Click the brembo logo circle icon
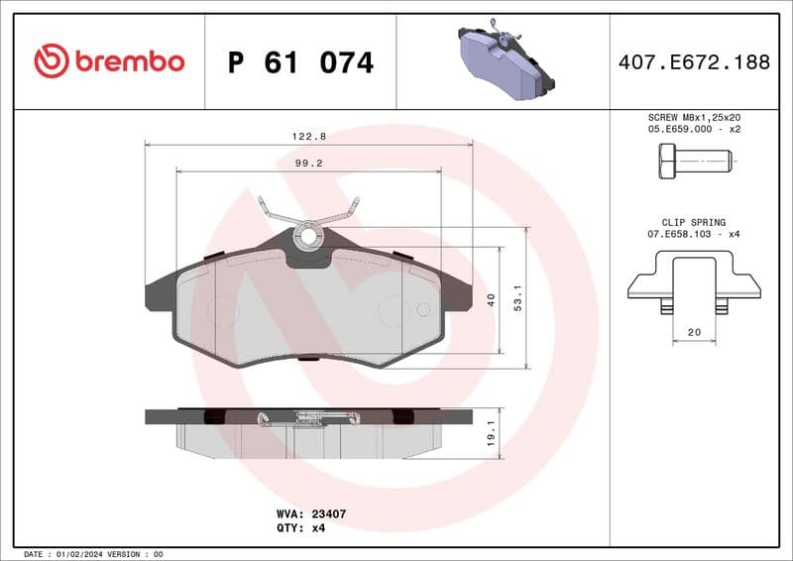(x=52, y=61)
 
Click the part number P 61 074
(x=300, y=62)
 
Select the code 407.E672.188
(x=693, y=62)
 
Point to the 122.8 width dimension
(x=309, y=136)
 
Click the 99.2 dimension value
(x=309, y=163)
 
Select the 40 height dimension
(x=491, y=299)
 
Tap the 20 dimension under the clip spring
(x=693, y=333)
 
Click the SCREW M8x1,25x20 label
(x=693, y=117)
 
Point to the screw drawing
(x=693, y=160)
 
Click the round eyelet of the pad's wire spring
(x=308, y=236)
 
